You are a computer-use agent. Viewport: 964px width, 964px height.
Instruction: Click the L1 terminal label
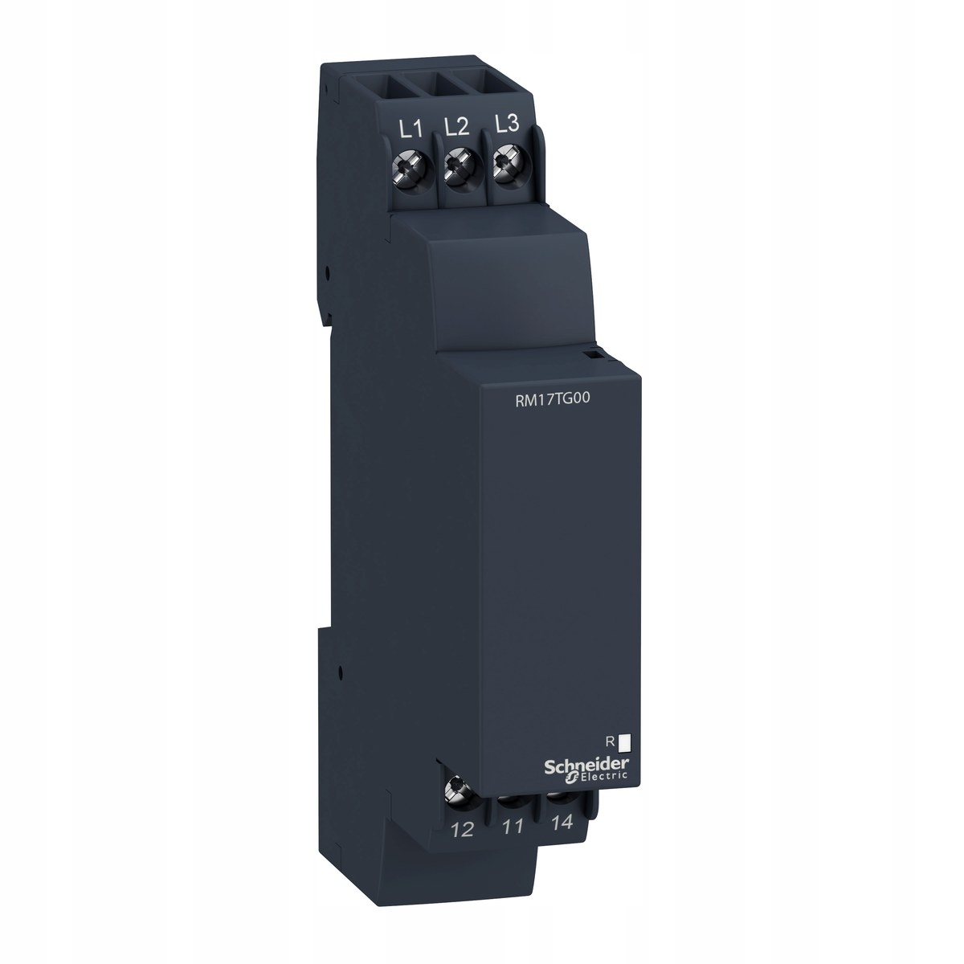pyautogui.click(x=411, y=129)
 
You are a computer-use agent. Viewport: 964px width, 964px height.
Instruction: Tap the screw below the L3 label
pyautogui.click(x=506, y=161)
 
